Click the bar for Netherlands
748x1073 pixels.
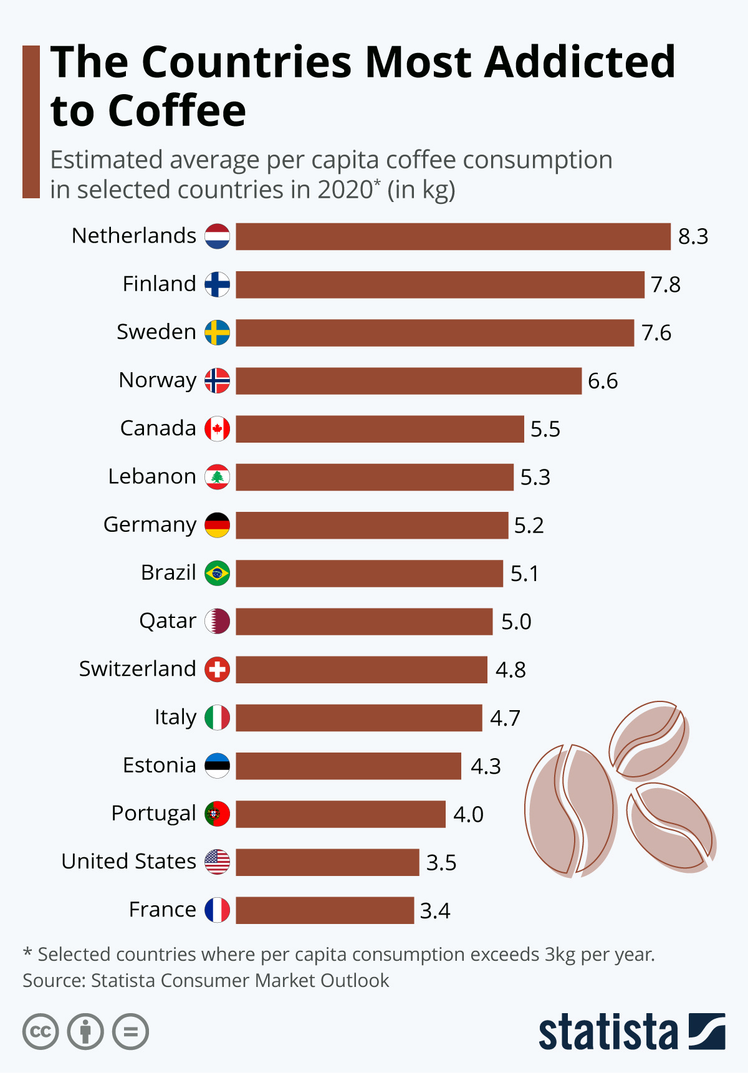click(453, 237)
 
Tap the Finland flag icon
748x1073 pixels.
click(218, 284)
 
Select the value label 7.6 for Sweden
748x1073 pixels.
click(656, 333)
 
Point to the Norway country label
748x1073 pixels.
click(158, 380)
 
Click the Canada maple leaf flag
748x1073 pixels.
click(218, 429)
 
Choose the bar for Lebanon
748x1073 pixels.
click(374, 477)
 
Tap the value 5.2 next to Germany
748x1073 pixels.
click(529, 526)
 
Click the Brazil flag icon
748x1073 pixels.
click(218, 573)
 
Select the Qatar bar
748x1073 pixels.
click(364, 622)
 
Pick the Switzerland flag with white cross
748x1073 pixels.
click(218, 670)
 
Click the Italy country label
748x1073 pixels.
click(175, 718)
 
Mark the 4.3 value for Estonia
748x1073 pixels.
click(486, 766)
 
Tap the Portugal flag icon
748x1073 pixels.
click(218, 814)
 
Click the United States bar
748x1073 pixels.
click(327, 862)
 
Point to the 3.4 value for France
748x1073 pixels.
click(435, 911)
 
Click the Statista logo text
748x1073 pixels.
click(608, 1032)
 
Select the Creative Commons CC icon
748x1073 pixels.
click(41, 1032)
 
